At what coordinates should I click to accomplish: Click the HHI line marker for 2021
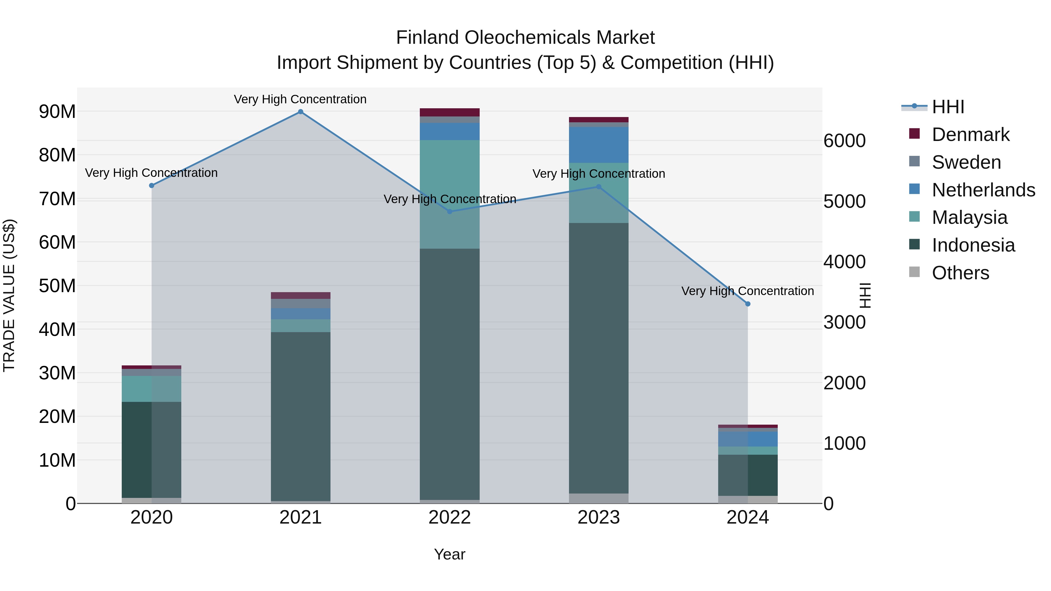[x=300, y=112]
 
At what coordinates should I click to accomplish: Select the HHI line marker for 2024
[x=747, y=304]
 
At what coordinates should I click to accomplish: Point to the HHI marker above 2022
[x=450, y=212]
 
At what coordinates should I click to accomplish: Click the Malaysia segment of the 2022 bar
[x=450, y=194]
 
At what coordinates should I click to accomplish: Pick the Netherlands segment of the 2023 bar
[x=598, y=145]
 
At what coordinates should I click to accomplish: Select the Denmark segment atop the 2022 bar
[x=450, y=112]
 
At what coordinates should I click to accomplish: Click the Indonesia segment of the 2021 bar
[x=300, y=416]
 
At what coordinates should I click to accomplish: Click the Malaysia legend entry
[x=969, y=217]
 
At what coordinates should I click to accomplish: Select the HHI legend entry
[x=947, y=107]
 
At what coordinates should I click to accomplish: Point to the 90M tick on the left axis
[x=57, y=112]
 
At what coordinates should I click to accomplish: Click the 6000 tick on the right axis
[x=844, y=141]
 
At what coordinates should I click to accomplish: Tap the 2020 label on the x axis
[x=151, y=517]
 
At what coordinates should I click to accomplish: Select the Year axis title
[x=450, y=554]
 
